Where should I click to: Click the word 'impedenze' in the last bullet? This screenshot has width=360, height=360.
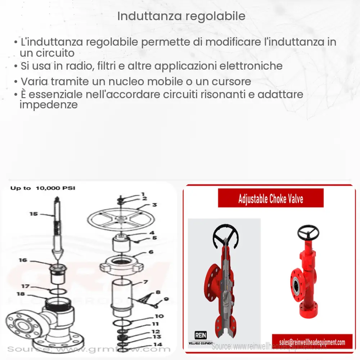[x=49, y=105]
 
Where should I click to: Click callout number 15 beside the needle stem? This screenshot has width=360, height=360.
[x=33, y=214]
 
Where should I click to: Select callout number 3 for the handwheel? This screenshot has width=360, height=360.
[x=154, y=205]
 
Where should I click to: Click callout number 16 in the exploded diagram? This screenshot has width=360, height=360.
[x=23, y=260]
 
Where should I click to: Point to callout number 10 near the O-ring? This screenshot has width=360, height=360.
[x=159, y=316]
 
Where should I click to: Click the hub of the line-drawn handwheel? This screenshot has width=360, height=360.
[x=121, y=218]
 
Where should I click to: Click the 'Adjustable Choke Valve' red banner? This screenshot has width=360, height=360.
[x=270, y=198]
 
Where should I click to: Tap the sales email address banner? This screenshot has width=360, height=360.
[x=312, y=342]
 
